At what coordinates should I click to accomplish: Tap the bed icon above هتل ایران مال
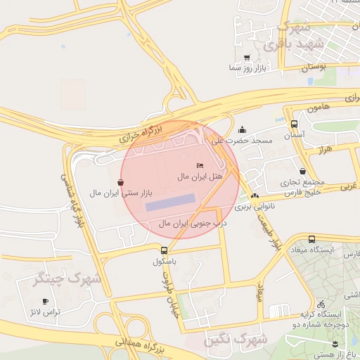click(200, 165)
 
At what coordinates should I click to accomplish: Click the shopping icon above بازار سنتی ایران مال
click(121, 182)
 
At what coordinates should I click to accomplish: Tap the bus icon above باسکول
click(164, 250)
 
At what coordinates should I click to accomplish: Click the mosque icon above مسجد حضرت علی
click(243, 129)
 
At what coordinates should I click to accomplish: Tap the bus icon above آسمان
click(294, 124)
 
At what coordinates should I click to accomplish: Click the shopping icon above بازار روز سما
click(246, 58)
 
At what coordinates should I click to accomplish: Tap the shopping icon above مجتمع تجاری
click(302, 171)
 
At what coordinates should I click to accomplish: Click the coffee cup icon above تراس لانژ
click(46, 301)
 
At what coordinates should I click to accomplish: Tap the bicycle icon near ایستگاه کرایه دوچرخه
click(321, 304)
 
